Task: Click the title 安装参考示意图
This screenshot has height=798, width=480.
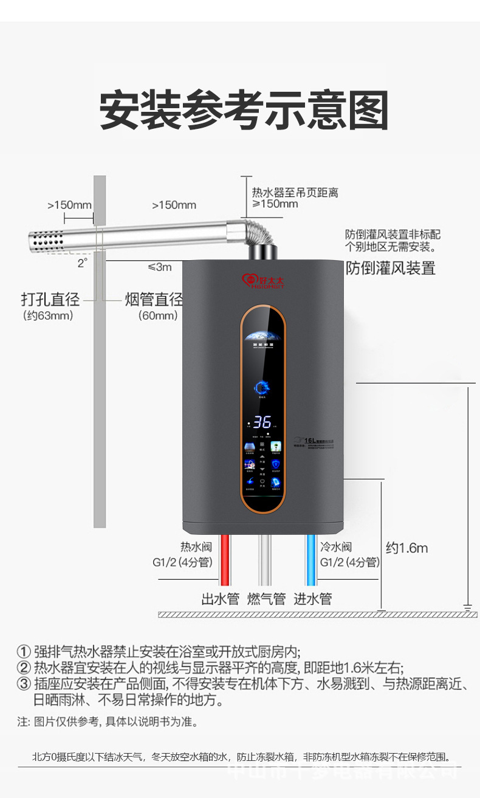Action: [244, 111]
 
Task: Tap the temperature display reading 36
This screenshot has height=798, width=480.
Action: [262, 423]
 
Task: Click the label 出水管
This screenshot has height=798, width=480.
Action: [221, 599]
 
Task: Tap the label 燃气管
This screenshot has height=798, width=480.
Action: [266, 599]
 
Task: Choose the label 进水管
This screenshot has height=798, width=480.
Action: [313, 599]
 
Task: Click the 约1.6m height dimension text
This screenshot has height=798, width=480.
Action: [407, 548]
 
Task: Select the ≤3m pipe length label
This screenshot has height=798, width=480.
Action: [159, 267]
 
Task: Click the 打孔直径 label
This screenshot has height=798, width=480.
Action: [50, 299]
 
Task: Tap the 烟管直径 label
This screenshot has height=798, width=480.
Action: [154, 299]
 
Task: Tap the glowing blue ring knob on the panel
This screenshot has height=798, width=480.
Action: [262, 387]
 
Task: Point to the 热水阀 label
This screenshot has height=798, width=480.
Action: [196, 547]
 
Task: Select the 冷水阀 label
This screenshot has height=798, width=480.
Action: [336, 547]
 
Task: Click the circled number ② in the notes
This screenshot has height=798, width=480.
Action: [24, 668]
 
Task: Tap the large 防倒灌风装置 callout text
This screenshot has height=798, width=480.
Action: [391, 267]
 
